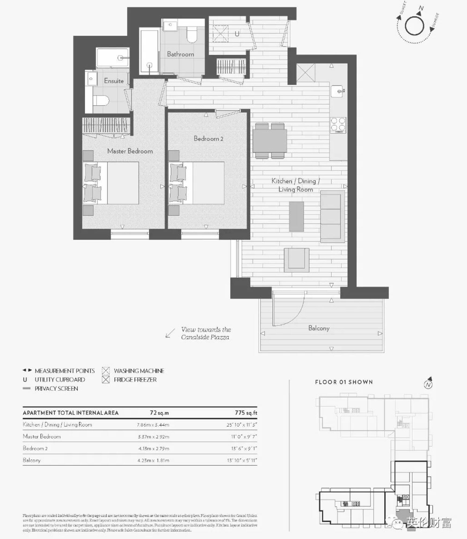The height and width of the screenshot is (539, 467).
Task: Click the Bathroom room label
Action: (180, 54)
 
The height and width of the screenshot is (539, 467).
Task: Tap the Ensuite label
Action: (114, 81)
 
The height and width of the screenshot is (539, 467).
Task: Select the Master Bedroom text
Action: (130, 151)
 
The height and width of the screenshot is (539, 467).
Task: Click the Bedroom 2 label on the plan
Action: (208, 139)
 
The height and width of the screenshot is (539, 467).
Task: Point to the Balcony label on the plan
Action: (319, 328)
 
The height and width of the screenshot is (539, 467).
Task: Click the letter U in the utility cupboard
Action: (237, 34)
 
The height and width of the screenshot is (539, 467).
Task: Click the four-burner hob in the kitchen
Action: (338, 125)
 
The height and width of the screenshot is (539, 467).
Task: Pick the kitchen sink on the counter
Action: (338, 91)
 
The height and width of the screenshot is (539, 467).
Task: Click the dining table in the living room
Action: (270, 141)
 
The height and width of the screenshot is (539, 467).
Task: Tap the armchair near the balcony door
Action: (296, 260)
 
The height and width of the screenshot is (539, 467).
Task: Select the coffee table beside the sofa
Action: (296, 216)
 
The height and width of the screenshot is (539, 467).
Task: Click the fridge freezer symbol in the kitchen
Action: (306, 73)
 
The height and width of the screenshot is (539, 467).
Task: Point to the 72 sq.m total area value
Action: (159, 413)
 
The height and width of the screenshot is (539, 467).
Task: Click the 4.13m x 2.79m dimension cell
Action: (154, 449)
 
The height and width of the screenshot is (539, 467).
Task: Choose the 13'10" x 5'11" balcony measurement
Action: (242, 460)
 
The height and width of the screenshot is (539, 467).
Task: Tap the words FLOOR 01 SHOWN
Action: (344, 382)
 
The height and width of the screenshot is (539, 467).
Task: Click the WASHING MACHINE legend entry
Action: (139, 371)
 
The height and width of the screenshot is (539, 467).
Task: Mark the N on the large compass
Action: (421, 8)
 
